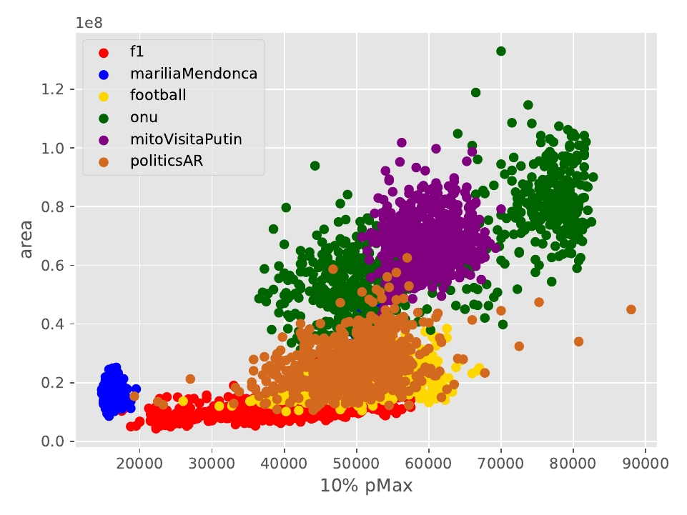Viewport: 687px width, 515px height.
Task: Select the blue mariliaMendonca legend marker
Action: (x=104, y=74)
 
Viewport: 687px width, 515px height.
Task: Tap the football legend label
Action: (x=158, y=95)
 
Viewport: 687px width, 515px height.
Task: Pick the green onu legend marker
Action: (x=104, y=117)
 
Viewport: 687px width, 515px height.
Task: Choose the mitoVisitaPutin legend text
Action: (x=186, y=139)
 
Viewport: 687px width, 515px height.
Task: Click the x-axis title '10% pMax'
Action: (x=366, y=486)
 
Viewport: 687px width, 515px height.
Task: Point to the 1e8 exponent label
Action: (x=89, y=23)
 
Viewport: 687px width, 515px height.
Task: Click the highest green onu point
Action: (x=501, y=51)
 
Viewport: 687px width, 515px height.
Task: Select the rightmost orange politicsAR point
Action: (x=631, y=309)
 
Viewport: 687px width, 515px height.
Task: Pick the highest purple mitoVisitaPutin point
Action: (x=402, y=143)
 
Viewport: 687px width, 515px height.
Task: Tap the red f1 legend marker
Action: (x=104, y=52)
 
